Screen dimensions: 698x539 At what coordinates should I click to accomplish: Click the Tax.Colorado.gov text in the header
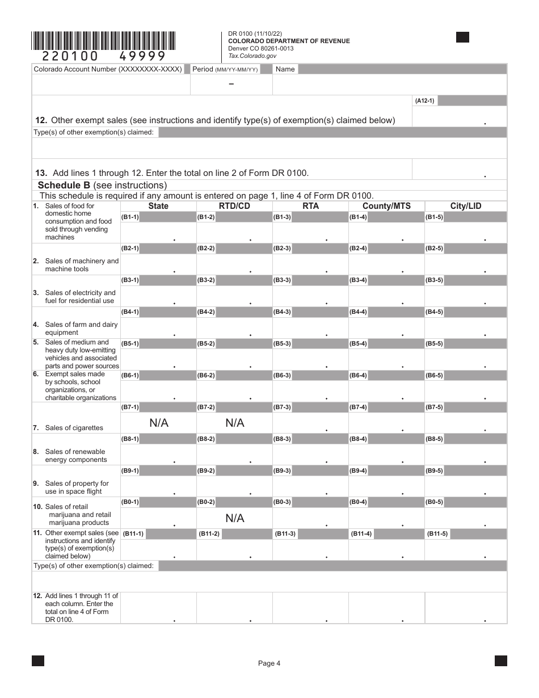click(252, 56)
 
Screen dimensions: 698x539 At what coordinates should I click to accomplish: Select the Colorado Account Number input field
click(111, 85)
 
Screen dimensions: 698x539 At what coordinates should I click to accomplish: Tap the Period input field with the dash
click(231, 85)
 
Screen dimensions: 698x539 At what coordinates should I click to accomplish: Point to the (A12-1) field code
click(424, 101)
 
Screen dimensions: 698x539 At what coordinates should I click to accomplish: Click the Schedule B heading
click(102, 185)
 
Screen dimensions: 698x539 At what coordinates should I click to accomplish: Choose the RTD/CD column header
click(234, 206)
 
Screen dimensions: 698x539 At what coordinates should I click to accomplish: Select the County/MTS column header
click(386, 206)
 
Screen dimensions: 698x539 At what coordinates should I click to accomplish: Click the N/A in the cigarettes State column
click(159, 423)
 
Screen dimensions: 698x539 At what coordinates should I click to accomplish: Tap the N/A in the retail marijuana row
click(234, 518)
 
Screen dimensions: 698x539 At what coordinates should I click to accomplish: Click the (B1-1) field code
click(130, 217)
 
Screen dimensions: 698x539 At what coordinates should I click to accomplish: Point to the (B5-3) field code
click(282, 344)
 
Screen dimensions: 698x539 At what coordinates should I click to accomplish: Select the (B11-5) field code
click(437, 534)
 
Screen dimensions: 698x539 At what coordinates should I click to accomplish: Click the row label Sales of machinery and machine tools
click(82, 265)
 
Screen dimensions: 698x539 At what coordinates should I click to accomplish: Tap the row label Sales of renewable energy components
click(75, 456)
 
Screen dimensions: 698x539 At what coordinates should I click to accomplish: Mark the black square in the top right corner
click(462, 37)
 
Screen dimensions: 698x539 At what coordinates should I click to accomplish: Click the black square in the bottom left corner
click(38, 661)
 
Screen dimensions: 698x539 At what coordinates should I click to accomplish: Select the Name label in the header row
click(285, 69)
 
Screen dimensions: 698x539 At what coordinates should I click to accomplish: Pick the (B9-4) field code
click(358, 471)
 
